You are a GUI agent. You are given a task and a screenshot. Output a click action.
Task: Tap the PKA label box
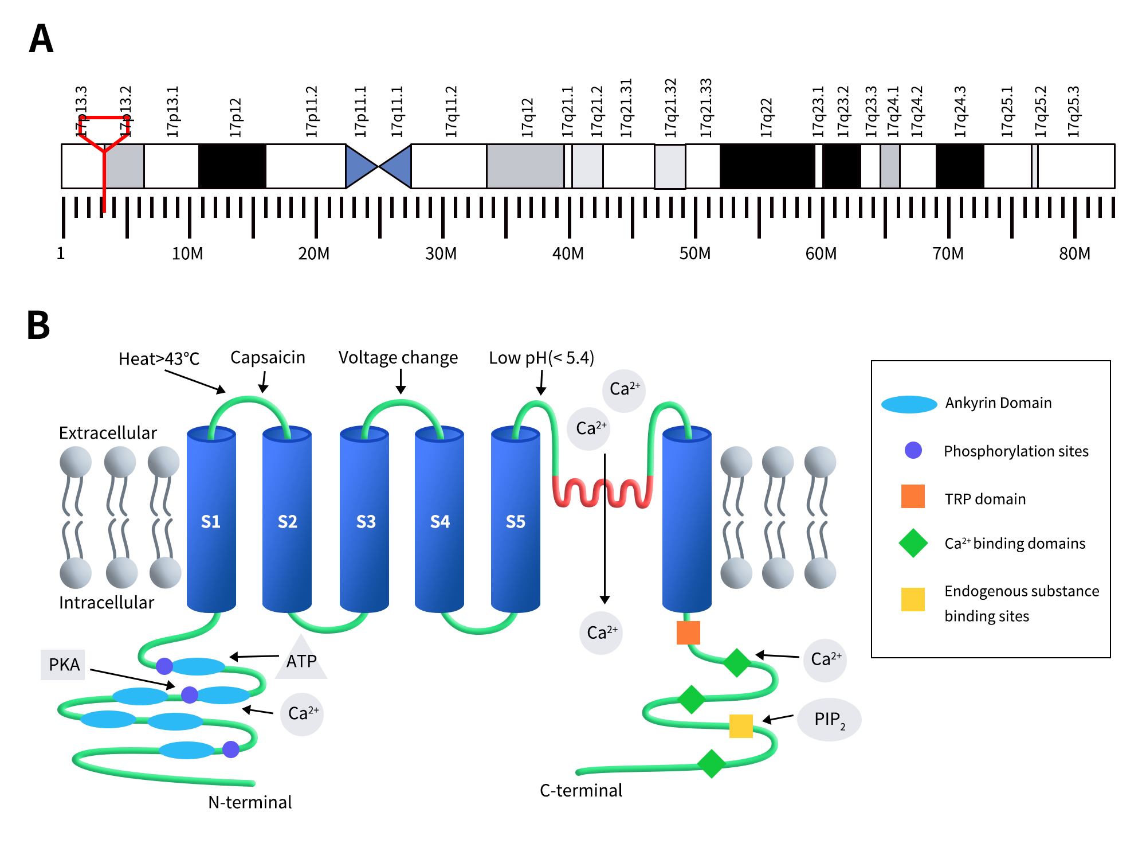63,665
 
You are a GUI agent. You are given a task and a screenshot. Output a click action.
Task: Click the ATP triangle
301,662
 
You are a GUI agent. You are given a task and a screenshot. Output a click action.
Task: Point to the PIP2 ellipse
829,719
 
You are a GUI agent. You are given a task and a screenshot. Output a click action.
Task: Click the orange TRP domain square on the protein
688,633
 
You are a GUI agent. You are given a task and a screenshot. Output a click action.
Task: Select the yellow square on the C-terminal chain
740,726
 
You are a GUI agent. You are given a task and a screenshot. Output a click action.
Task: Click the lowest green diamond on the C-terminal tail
712,764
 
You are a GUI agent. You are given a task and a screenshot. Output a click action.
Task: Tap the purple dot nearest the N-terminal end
231,749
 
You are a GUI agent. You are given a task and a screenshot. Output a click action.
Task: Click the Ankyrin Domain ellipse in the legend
909,404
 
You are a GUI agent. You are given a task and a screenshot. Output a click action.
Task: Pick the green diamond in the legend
913,543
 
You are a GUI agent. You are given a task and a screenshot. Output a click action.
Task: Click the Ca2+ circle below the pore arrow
601,633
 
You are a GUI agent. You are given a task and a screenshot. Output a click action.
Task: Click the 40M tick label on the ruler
568,253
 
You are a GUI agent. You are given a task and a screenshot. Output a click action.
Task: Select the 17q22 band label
766,118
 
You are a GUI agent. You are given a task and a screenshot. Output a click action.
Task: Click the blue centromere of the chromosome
379,166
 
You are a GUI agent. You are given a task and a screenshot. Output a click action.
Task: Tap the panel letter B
38,325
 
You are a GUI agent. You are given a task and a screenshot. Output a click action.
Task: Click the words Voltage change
398,358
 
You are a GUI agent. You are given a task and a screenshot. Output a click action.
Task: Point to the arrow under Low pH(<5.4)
541,382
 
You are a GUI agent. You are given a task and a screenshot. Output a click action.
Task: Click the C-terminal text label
580,790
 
